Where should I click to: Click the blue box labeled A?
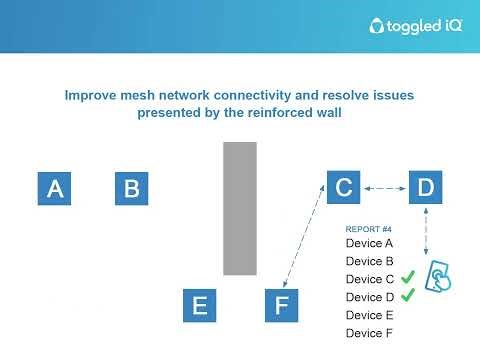pyautogui.click(x=55, y=187)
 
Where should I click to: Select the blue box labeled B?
pyautogui.click(x=131, y=187)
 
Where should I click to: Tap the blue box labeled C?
pyautogui.click(x=343, y=187)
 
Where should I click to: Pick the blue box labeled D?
pyautogui.click(x=425, y=187)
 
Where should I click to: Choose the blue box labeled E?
pyautogui.click(x=199, y=305)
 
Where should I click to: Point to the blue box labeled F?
pyautogui.click(x=280, y=305)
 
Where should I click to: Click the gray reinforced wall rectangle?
pyautogui.click(x=239, y=208)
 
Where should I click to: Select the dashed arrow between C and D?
pyautogui.click(x=384, y=187)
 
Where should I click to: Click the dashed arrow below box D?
pyautogui.click(x=428, y=230)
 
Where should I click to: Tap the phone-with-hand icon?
pyautogui.click(x=438, y=278)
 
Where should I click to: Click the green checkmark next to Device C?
pyautogui.click(x=407, y=278)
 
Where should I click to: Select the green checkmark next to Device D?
pyautogui.click(x=407, y=296)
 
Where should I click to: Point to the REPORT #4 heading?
pyautogui.click(x=368, y=229)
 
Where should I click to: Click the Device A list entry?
pyautogui.click(x=369, y=243)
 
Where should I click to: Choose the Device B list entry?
pyautogui.click(x=369, y=261)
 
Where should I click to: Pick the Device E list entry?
pyautogui.click(x=369, y=315)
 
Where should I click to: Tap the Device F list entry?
pyautogui.click(x=369, y=333)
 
